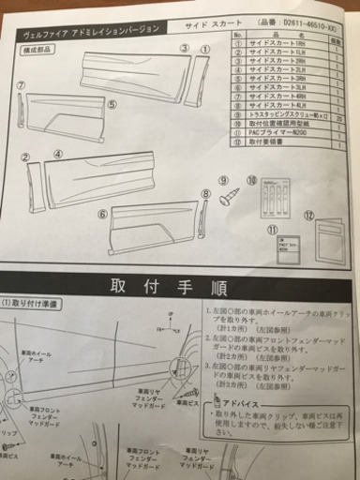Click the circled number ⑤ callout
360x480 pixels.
click(x=112, y=105)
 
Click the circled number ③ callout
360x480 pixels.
click(x=186, y=48)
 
